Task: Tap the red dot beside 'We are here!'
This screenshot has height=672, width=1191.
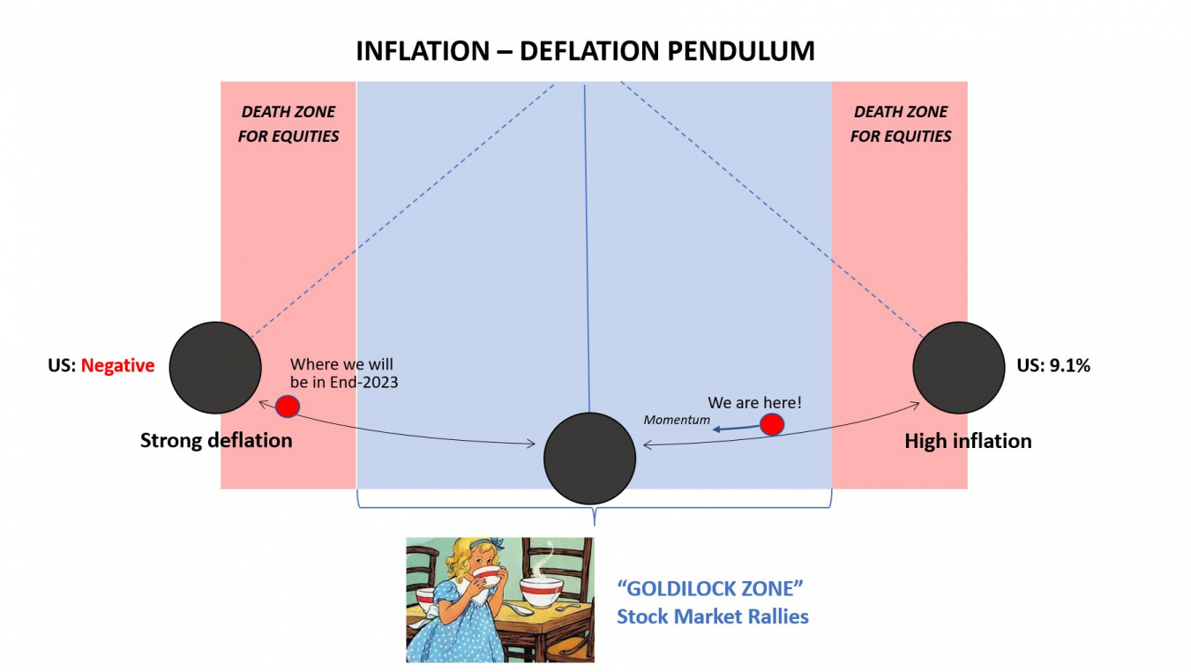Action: [x=772, y=424]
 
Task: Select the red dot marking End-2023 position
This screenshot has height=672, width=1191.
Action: [x=288, y=406]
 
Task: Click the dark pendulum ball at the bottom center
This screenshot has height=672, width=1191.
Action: [x=589, y=458]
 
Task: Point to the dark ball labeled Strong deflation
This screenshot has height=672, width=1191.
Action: [x=215, y=367]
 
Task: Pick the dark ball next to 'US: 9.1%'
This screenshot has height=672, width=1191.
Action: [x=959, y=367]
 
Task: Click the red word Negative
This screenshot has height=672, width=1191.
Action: [x=117, y=365]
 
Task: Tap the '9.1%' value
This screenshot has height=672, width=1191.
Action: [x=1068, y=365]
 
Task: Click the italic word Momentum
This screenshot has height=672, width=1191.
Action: [x=677, y=420]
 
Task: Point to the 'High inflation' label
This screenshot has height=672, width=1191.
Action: [x=968, y=441]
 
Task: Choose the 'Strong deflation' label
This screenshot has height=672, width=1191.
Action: [x=216, y=441]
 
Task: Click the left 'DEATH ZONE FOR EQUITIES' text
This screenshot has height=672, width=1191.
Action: [x=288, y=124]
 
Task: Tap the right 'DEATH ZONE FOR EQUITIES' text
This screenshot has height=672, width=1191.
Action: [x=901, y=124]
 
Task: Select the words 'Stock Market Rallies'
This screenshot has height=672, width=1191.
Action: [x=712, y=616]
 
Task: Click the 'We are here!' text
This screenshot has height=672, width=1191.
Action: [x=754, y=403]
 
